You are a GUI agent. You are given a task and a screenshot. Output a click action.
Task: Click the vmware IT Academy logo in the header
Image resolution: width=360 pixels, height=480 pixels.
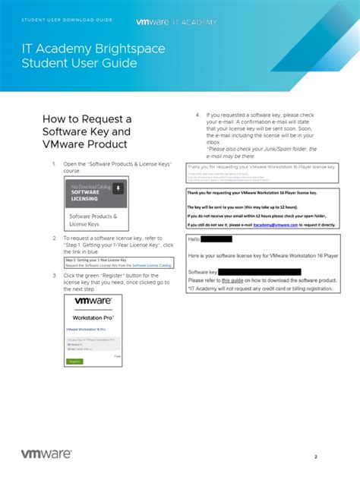(176, 22)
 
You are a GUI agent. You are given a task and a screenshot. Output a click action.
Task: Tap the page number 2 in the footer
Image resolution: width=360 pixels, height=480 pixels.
(315, 456)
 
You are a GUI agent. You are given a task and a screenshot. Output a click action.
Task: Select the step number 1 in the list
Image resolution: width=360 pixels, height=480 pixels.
(54, 164)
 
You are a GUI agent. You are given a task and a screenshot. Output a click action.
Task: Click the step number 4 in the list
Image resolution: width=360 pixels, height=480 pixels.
(197, 115)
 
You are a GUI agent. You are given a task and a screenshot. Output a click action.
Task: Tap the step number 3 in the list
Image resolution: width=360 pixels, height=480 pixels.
(54, 275)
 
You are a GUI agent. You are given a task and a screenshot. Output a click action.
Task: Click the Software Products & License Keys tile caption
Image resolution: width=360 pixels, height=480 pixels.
(93, 220)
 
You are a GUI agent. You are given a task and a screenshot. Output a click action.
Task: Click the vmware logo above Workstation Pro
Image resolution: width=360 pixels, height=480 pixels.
(93, 301)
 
